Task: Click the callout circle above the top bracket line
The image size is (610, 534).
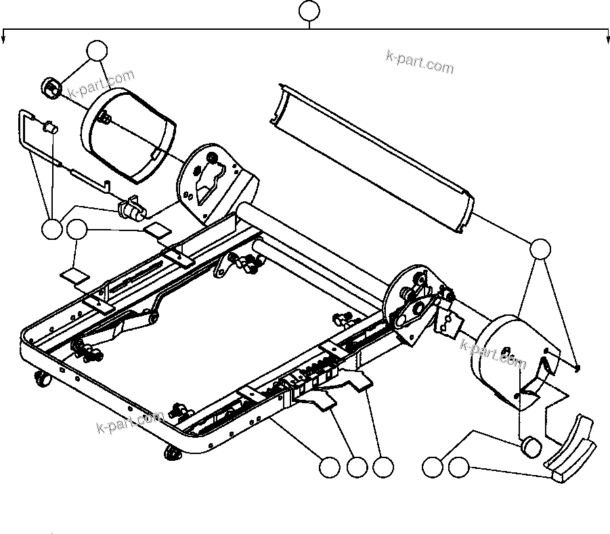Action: tap(309, 11)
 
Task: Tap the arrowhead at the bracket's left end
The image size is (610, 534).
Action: tap(4, 39)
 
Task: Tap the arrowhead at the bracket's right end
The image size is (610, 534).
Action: tap(607, 39)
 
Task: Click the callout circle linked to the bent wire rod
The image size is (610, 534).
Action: tap(51, 229)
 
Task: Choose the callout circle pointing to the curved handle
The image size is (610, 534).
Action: tap(459, 467)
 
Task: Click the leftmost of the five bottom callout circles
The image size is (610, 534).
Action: tap(329, 467)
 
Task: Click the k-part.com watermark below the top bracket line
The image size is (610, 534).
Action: tap(420, 62)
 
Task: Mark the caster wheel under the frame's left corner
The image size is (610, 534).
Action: tap(41, 382)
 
